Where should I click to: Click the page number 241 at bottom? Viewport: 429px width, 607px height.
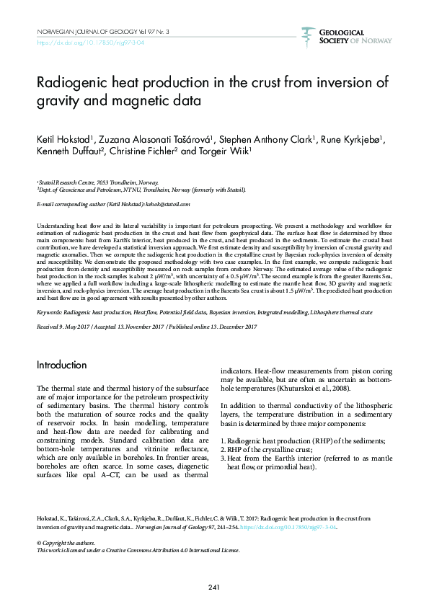[214, 588]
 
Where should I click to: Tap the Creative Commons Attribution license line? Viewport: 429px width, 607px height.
[137, 549]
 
